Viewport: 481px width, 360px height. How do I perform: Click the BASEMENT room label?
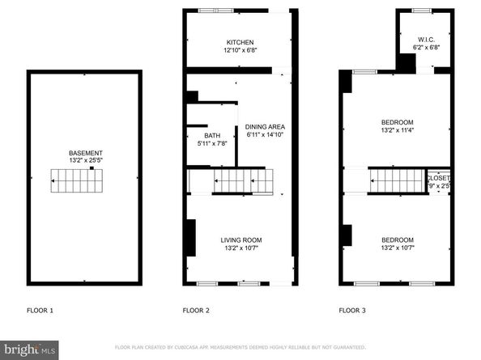click(85, 153)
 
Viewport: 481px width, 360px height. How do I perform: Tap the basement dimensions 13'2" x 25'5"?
click(85, 161)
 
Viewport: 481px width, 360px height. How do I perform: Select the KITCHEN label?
click(240, 43)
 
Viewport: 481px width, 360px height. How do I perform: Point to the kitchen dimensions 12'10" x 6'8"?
click(240, 51)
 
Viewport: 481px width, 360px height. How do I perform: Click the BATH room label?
click(211, 136)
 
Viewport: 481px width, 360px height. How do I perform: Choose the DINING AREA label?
click(266, 127)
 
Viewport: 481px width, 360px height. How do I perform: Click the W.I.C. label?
click(427, 40)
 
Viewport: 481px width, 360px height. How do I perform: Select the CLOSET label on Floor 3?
click(439, 178)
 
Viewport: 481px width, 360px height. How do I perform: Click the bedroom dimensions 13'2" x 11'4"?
click(398, 130)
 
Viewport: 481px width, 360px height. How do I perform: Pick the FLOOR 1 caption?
click(40, 311)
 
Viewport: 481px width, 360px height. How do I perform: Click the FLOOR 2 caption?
click(196, 311)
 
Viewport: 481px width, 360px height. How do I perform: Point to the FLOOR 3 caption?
click(351, 311)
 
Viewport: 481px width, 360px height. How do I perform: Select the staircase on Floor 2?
click(240, 181)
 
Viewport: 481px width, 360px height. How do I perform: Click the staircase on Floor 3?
click(397, 180)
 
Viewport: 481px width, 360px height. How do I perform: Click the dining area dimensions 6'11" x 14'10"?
click(266, 135)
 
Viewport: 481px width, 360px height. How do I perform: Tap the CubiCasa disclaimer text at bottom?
click(240, 347)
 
